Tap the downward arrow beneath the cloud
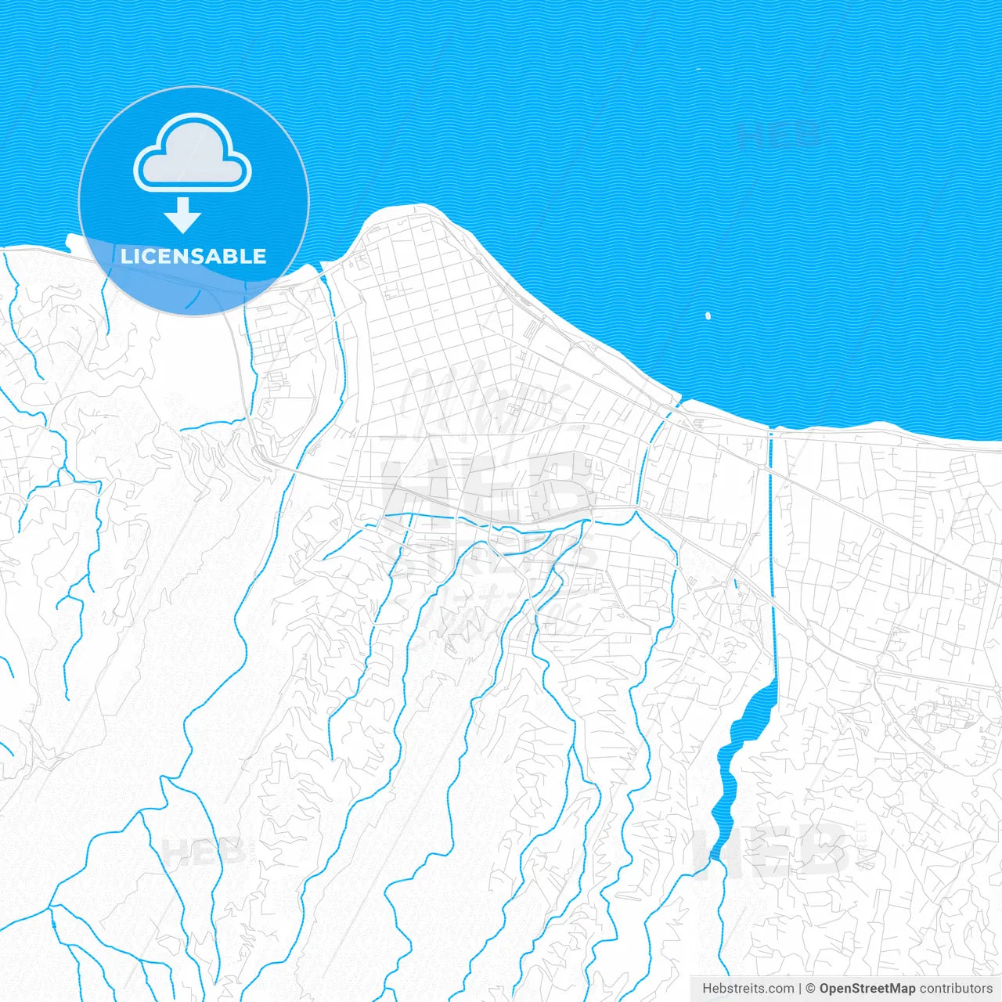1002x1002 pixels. click(183, 215)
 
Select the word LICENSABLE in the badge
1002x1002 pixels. click(193, 257)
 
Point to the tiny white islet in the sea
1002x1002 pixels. click(708, 316)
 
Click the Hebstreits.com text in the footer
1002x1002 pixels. click(748, 989)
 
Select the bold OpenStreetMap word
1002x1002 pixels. click(867, 989)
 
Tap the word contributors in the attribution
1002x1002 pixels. click(956, 989)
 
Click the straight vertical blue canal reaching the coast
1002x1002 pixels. click(773, 548)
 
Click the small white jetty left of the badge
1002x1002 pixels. click(71, 242)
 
